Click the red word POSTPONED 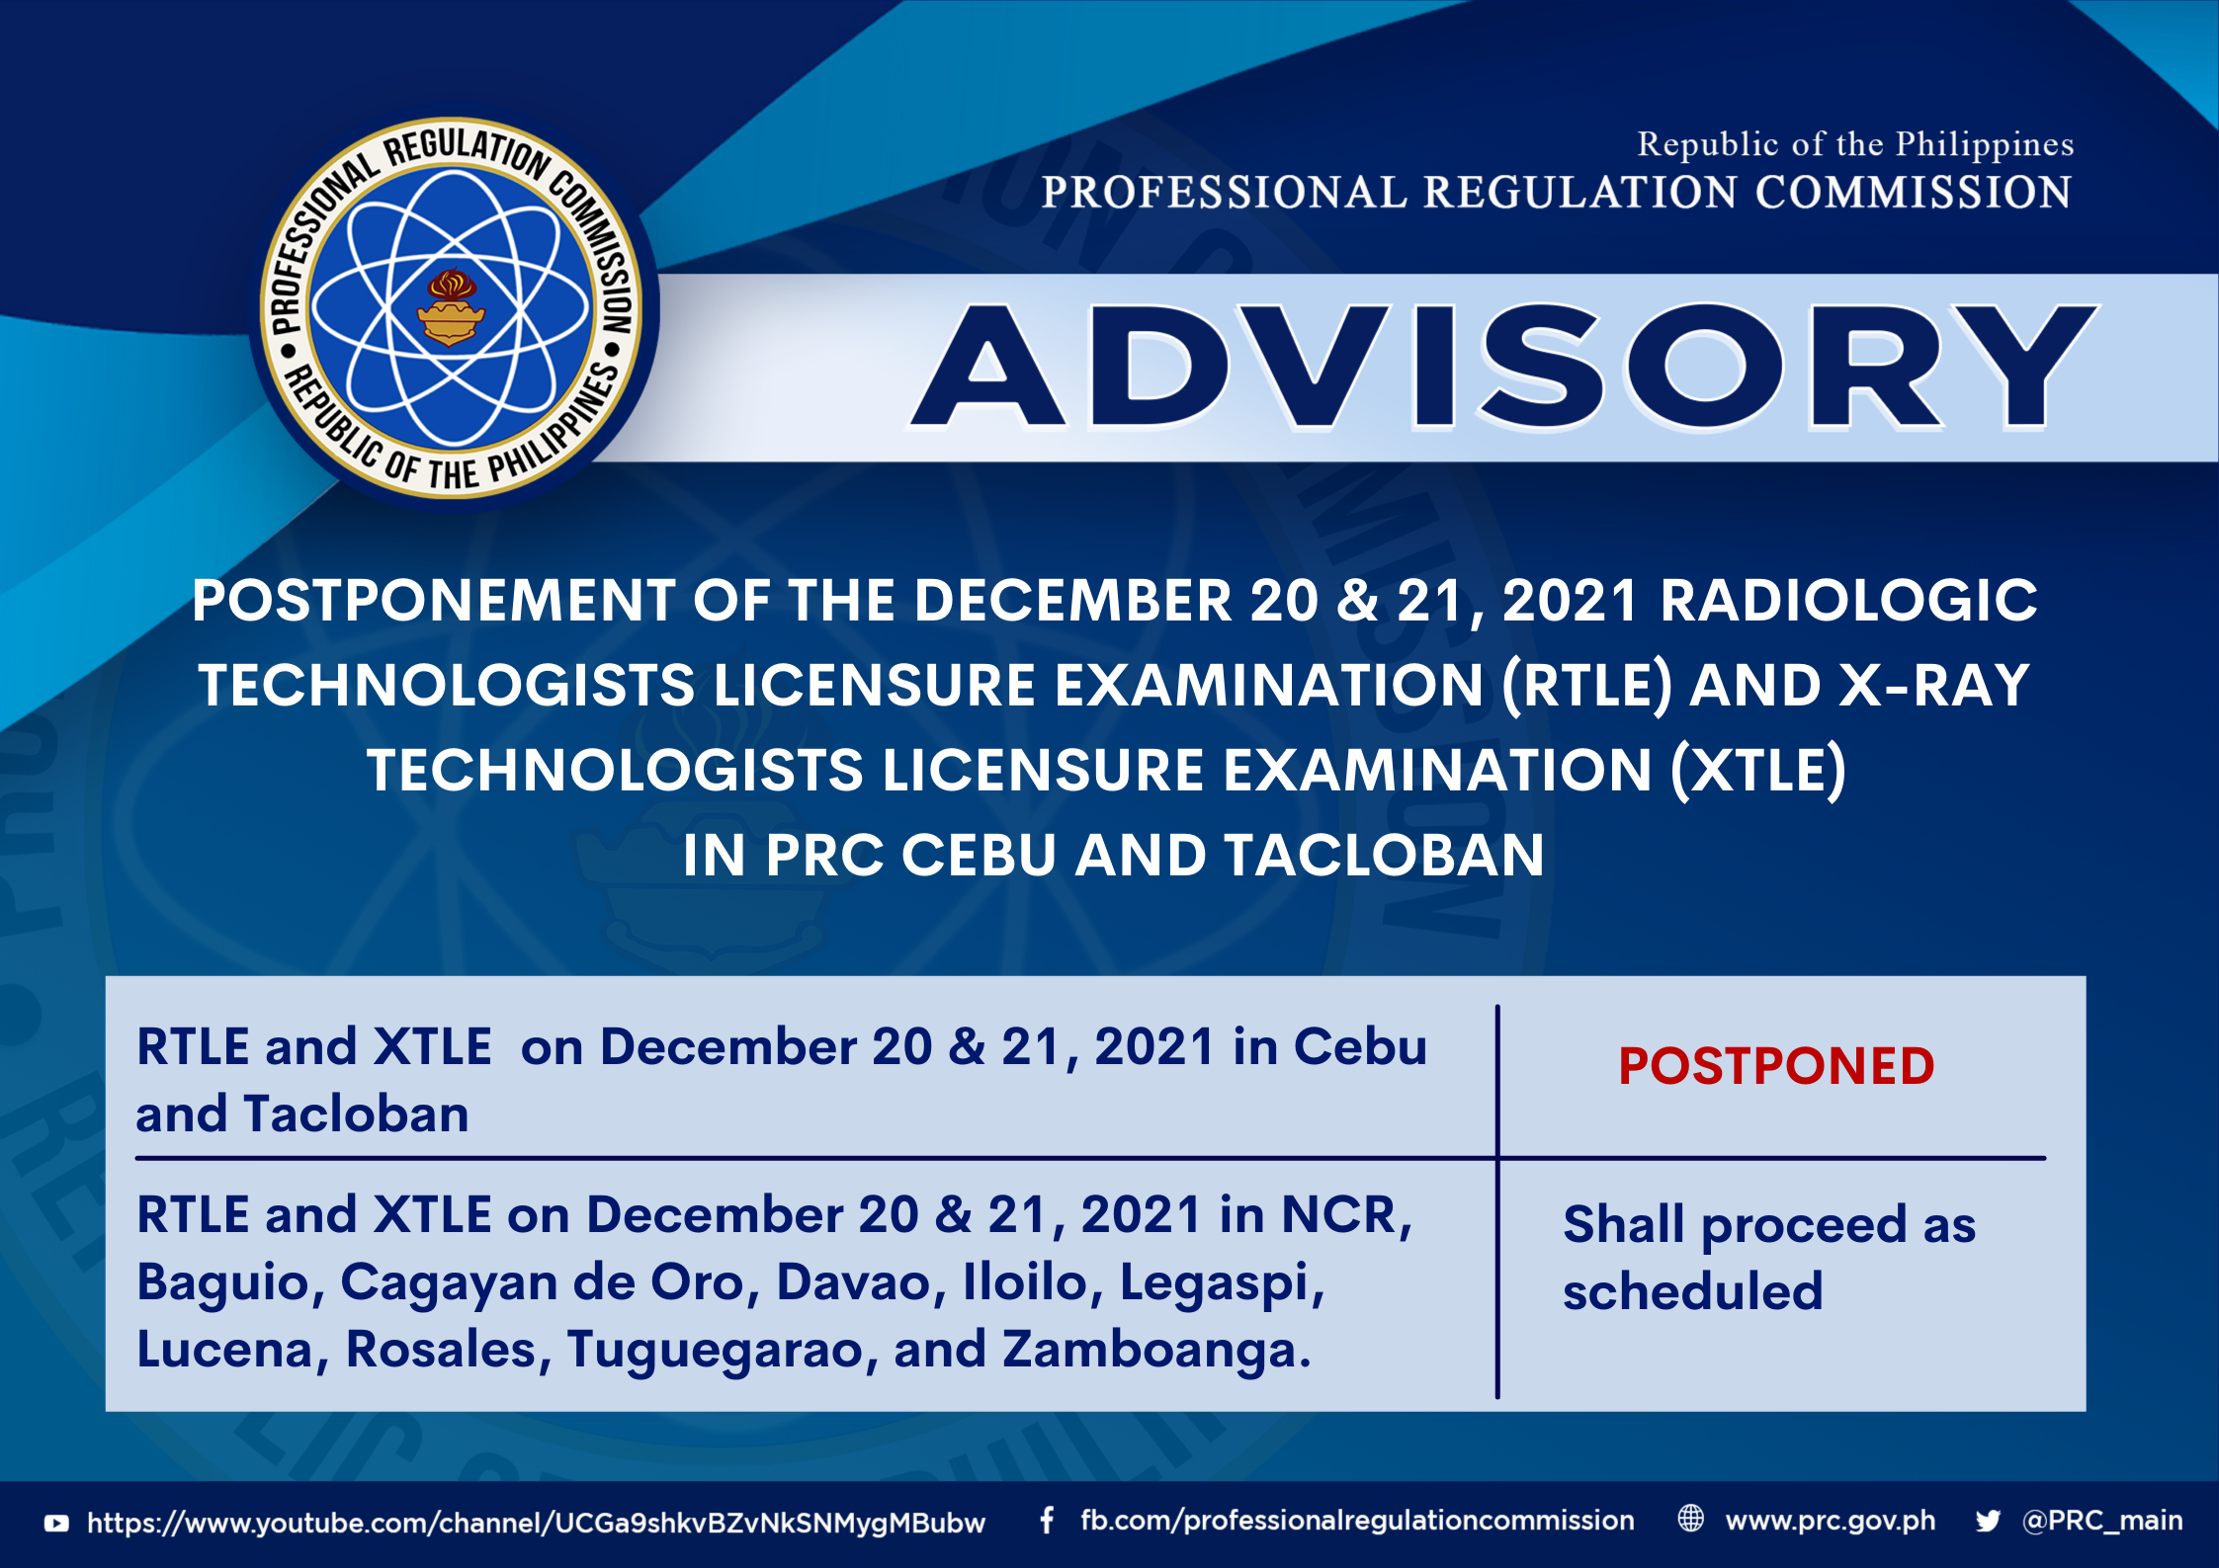click(1776, 1066)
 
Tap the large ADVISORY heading click(1503, 367)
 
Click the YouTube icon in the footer click(56, 1524)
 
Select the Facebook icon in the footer click(1047, 1521)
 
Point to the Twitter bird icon click(1988, 1522)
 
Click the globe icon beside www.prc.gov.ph click(1691, 1519)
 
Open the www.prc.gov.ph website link click(1831, 1522)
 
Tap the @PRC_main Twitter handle click(2102, 1521)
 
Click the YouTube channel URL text click(536, 1523)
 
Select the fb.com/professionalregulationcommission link click(1357, 1521)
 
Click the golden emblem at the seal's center click(451, 308)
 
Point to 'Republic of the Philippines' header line click(1855, 144)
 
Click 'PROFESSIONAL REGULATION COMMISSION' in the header click(1557, 192)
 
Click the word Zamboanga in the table click(1156, 1351)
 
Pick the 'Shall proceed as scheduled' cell click(1769, 1258)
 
